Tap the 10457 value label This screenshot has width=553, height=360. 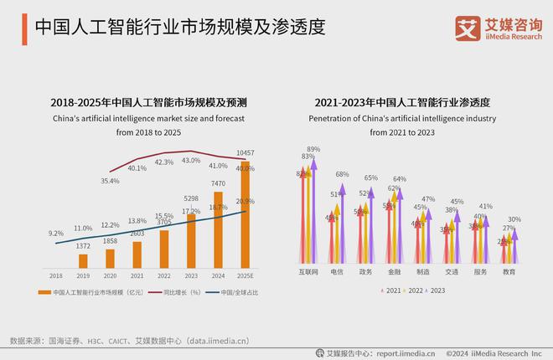tap(245, 153)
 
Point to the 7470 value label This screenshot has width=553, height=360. tap(218, 183)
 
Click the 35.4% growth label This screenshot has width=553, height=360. tap(110, 180)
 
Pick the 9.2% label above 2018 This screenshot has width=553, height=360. tap(56, 234)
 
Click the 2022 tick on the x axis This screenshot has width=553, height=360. tap(164, 275)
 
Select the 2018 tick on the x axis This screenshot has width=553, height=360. tap(56, 275)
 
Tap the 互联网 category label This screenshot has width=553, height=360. tap(308, 272)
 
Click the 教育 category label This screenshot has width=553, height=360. tap(509, 272)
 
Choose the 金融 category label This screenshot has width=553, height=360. tap(394, 272)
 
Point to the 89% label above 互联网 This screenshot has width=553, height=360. tap(314, 149)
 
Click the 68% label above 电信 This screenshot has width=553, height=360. tap(342, 174)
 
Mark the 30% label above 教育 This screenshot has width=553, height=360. tap(514, 219)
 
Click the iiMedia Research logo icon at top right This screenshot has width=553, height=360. tap(466, 28)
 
